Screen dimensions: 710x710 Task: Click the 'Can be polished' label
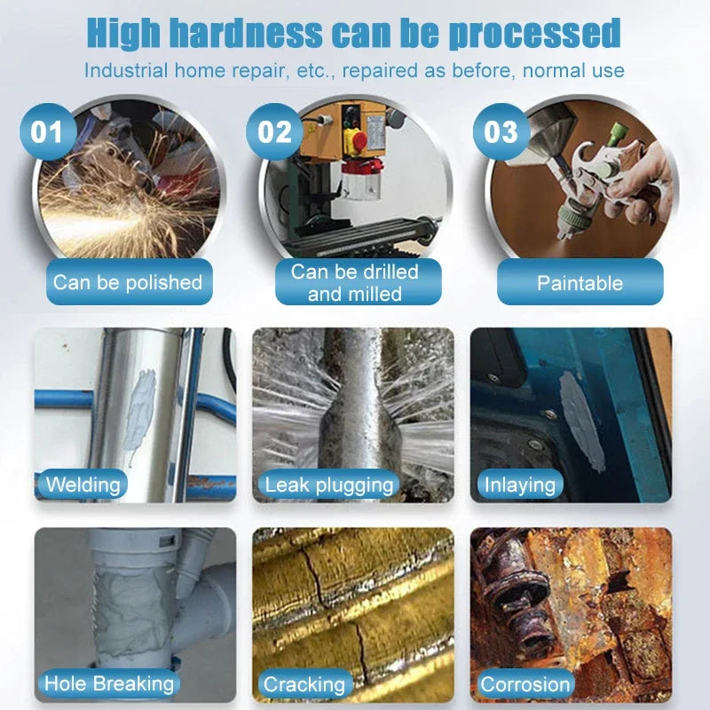tap(128, 282)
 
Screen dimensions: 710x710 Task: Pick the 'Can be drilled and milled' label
tap(355, 282)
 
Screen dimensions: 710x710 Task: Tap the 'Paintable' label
tap(580, 283)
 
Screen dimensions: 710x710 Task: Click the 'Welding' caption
tap(83, 485)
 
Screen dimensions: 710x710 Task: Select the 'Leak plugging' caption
tap(328, 485)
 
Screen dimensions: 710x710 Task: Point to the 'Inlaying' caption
tap(519, 485)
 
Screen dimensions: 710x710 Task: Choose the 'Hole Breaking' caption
tap(109, 683)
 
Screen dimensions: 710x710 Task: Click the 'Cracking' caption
tap(304, 684)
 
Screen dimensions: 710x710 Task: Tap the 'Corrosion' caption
tap(525, 684)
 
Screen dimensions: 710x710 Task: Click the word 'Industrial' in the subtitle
tap(127, 70)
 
